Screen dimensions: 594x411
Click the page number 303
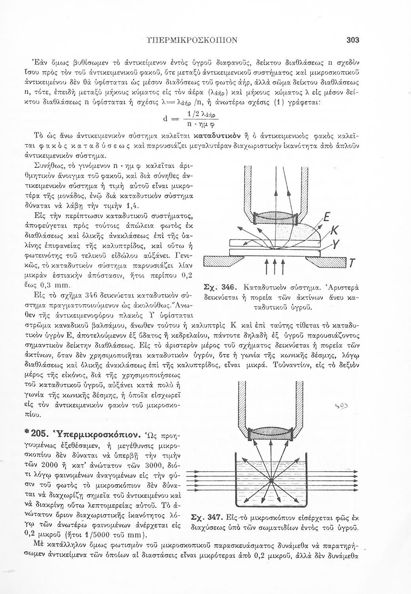click(352, 40)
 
